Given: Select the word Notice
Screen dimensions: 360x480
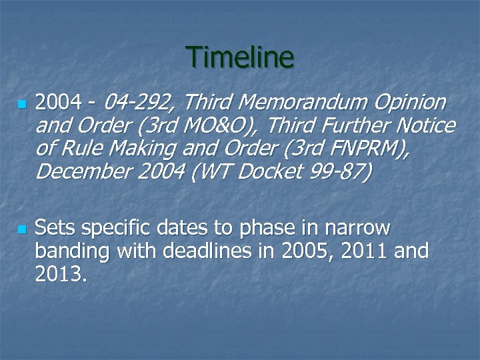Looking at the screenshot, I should coord(426,126).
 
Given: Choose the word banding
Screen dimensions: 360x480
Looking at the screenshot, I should coord(73,252).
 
